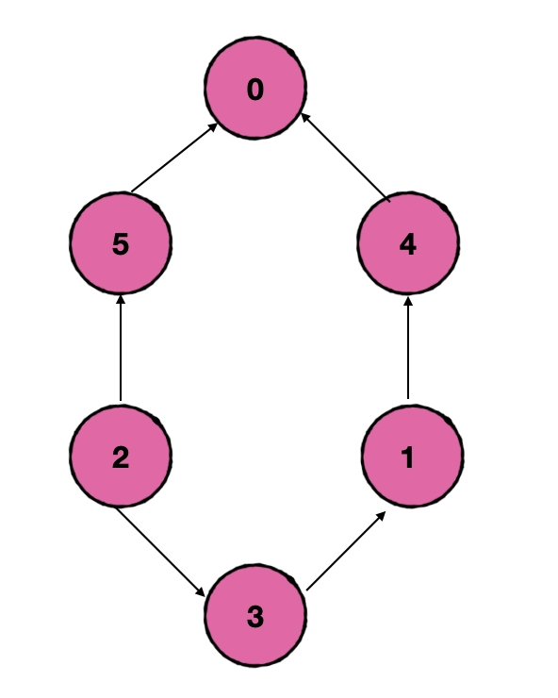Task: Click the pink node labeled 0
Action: click(255, 88)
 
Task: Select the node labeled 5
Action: click(121, 243)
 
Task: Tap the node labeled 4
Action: click(408, 243)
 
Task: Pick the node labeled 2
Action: click(121, 456)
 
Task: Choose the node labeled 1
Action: click(412, 456)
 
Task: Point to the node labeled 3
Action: click(255, 615)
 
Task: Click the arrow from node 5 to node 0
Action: click(174, 158)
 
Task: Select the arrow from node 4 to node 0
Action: click(346, 158)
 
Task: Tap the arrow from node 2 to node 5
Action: click(120, 348)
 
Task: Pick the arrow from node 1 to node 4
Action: click(408, 348)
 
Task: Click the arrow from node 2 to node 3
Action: click(160, 552)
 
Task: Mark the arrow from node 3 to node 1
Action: click(346, 551)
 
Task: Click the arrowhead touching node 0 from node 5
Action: click(213, 127)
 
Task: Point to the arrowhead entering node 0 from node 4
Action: click(305, 118)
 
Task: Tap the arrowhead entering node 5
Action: click(120, 301)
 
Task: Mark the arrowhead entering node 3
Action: click(200, 591)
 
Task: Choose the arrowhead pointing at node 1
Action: click(381, 517)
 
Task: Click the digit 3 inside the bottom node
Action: click(255, 617)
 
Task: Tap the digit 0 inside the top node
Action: click(255, 89)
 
